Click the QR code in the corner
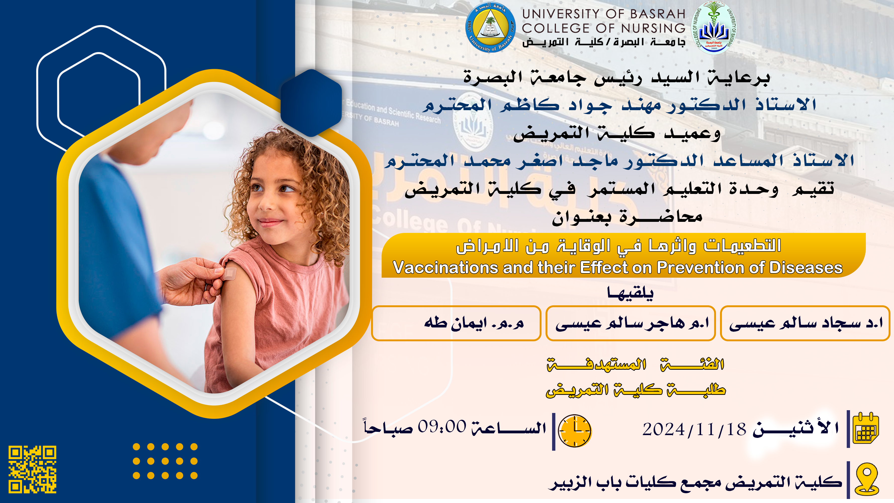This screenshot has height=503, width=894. click(32, 469)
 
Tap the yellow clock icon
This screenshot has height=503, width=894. click(574, 431)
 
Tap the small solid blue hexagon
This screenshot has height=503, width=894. click(311, 103)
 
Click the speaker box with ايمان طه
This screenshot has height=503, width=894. click(456, 323)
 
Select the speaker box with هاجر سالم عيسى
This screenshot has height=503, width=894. click(630, 323)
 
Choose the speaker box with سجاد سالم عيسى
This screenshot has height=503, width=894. click(805, 323)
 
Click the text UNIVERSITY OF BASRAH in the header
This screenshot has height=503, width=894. click(604, 14)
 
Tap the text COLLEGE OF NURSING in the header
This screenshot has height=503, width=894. click(604, 28)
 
